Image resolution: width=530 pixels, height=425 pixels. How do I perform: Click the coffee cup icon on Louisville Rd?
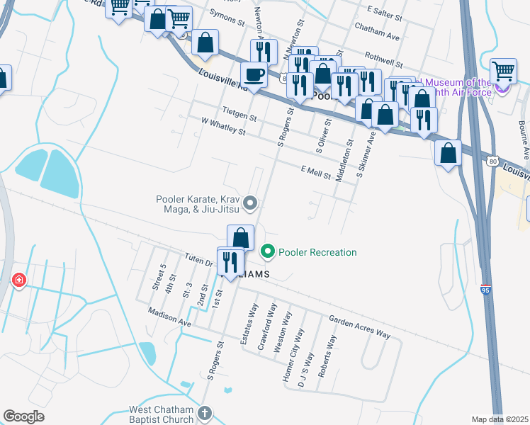point(254,74)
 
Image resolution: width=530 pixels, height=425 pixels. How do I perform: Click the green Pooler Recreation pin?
point(268,251)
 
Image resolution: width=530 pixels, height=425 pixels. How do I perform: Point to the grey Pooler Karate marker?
point(250,204)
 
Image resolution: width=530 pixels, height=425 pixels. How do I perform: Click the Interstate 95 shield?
point(485,290)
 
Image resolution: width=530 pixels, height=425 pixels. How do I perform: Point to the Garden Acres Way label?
point(359,326)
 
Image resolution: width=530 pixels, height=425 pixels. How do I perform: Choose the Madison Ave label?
point(170,317)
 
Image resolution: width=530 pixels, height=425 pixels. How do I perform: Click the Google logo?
point(24,416)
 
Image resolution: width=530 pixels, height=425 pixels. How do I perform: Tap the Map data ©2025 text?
point(499,419)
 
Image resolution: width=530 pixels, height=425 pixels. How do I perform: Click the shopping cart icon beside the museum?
point(503,71)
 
